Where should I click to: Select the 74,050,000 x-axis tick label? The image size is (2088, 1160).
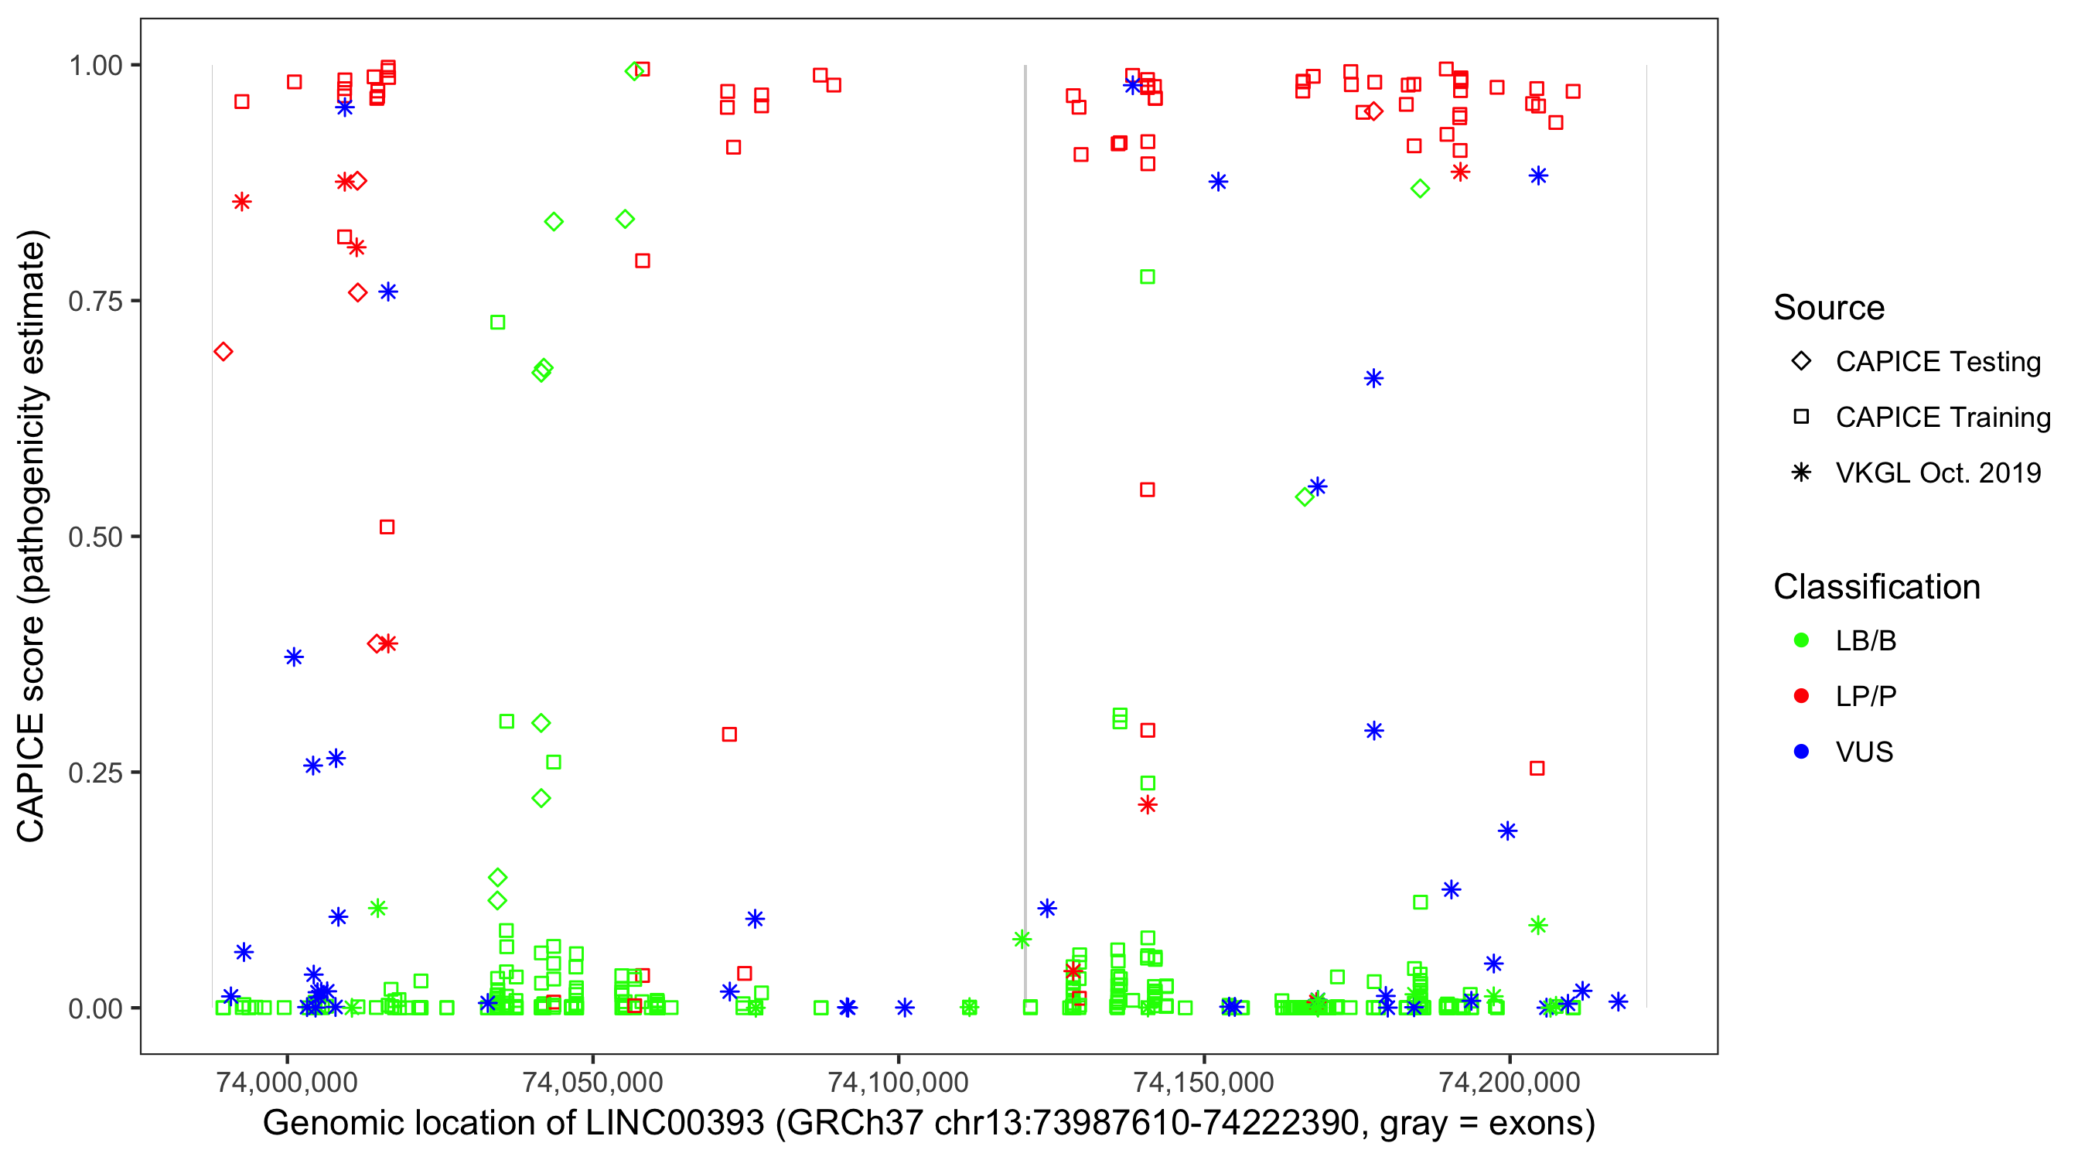click(x=592, y=1082)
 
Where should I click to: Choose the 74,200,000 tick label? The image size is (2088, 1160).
click(x=1510, y=1082)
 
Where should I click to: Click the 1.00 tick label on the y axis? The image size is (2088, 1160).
click(x=95, y=66)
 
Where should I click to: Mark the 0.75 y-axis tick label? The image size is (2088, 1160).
click(x=95, y=302)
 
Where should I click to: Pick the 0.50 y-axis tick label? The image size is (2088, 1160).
click(x=95, y=537)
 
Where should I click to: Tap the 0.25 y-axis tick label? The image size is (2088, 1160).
click(x=95, y=773)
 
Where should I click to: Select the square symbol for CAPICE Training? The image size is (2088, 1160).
click(x=1801, y=418)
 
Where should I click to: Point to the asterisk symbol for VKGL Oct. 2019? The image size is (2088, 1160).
click(x=1801, y=473)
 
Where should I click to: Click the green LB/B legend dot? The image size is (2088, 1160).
click(x=1801, y=640)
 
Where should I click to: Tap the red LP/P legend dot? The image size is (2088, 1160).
click(x=1801, y=696)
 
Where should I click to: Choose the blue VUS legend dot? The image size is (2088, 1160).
click(x=1801, y=752)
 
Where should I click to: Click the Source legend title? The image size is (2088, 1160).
click(x=1829, y=308)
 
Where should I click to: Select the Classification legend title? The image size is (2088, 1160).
click(x=1876, y=587)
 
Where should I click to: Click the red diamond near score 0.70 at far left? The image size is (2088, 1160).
click(x=223, y=352)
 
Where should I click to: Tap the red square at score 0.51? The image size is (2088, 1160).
click(x=387, y=527)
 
